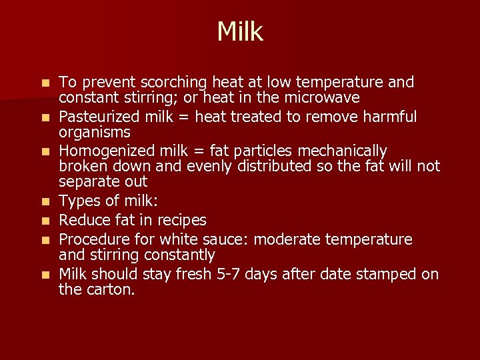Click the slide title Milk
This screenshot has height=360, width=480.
click(240, 31)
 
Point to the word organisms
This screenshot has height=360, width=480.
click(95, 133)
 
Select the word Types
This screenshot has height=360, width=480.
click(78, 201)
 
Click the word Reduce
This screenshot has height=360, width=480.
click(83, 220)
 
